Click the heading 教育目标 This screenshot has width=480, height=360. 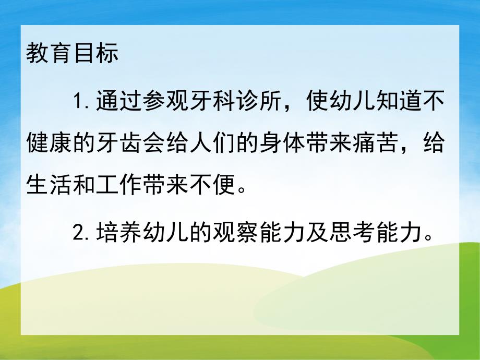tap(73, 54)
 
